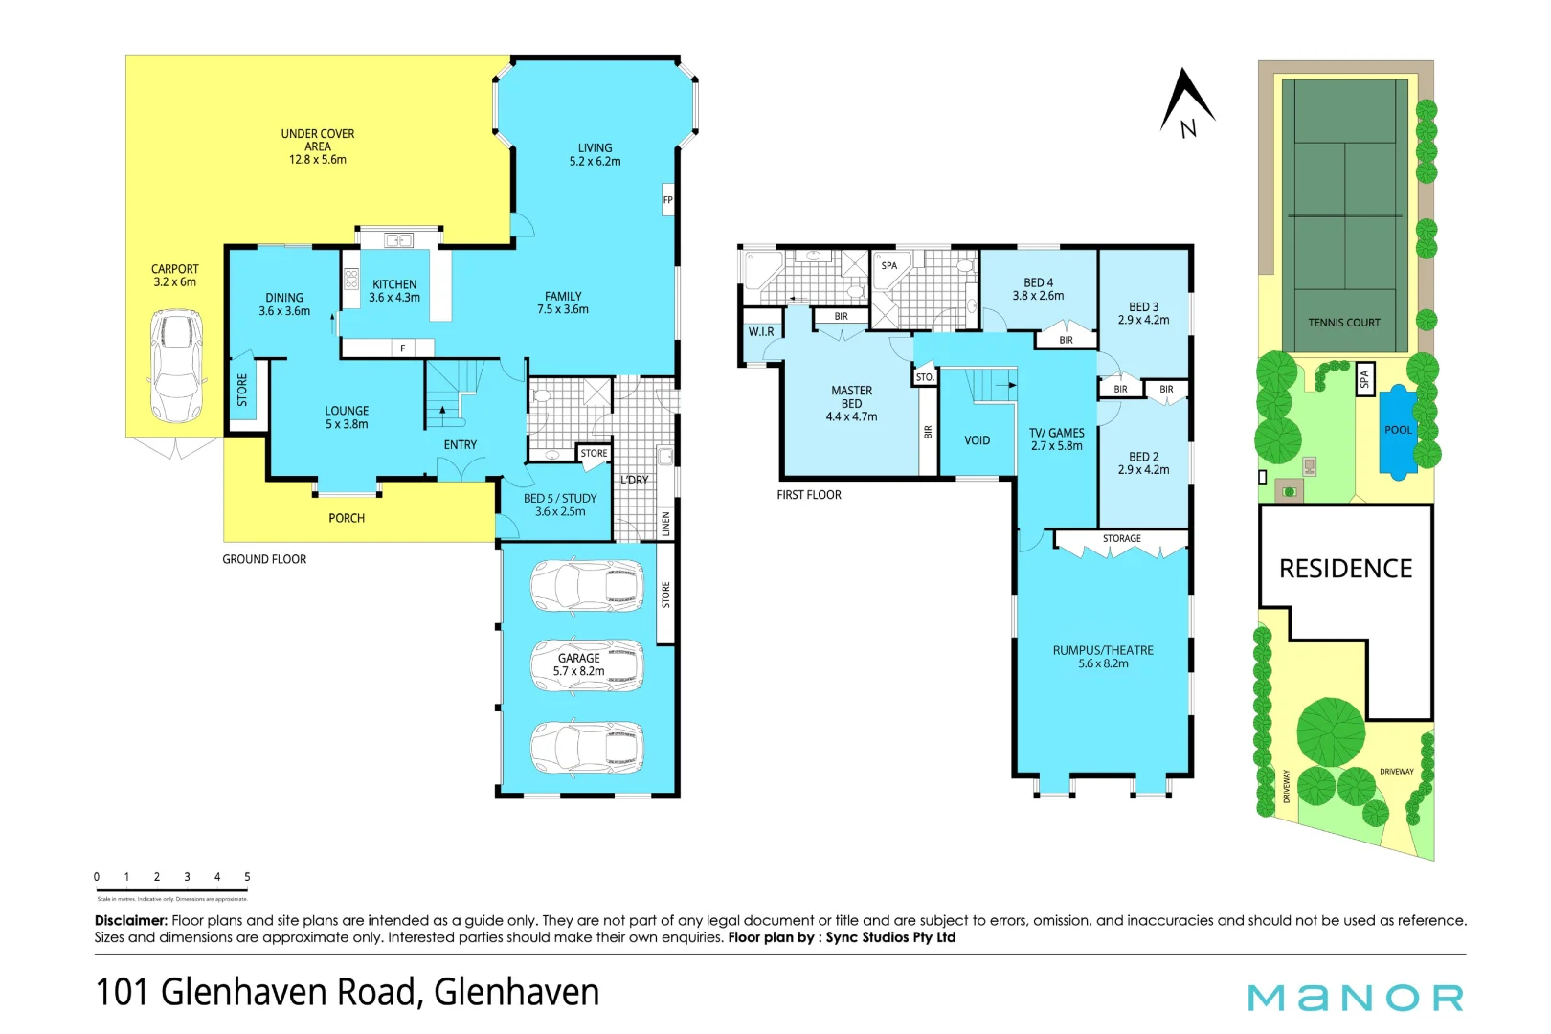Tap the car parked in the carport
tap(176, 366)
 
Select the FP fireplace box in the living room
tap(667, 200)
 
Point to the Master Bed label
tap(851, 396)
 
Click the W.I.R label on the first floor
tap(761, 331)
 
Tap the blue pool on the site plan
tap(1398, 431)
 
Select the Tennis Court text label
tap(1343, 323)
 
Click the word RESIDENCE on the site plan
tap(1345, 569)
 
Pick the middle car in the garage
tap(586, 664)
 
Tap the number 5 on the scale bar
tap(247, 877)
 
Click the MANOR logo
tap(1355, 998)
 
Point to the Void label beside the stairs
tap(977, 440)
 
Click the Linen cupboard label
tap(666, 524)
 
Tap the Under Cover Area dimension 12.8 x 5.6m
tap(318, 160)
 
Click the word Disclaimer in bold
tap(130, 920)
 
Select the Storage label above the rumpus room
tap(1121, 539)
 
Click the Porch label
tap(347, 518)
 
